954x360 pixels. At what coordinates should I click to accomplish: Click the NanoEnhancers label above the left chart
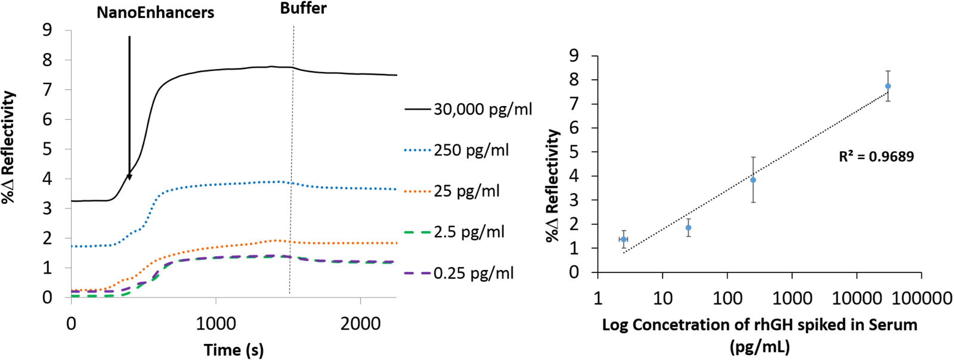[155, 13]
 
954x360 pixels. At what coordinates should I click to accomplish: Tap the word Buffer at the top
[303, 8]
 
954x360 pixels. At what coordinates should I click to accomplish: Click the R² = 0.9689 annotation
[876, 157]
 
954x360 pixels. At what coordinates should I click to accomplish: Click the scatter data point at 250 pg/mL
[753, 180]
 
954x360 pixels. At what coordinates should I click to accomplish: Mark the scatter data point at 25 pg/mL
[688, 228]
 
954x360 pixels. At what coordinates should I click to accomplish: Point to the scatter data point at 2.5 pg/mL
[624, 239]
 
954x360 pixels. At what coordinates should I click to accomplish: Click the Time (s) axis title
[233, 350]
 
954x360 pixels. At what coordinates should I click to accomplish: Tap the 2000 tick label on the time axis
[360, 324]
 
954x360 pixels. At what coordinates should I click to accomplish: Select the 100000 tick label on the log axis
[921, 297]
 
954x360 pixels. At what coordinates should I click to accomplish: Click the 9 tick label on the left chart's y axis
[47, 30]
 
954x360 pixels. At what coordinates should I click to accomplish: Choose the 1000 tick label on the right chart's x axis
[792, 297]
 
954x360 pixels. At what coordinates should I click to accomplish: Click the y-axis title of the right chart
[553, 185]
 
